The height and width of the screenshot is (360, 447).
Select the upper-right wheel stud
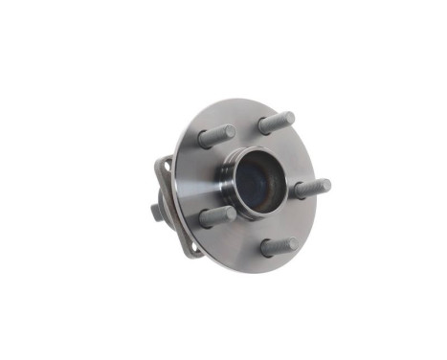(276, 122)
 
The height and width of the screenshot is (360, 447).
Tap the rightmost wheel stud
(310, 189)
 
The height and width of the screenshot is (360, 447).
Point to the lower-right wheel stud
(279, 246)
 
